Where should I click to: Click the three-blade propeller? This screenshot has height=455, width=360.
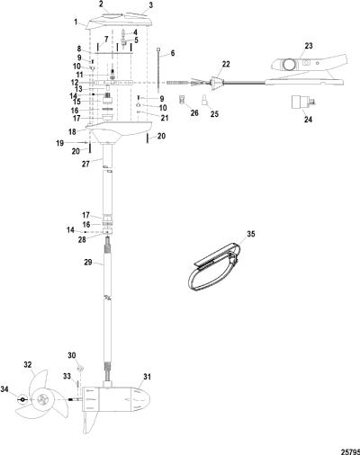click(x=42, y=400)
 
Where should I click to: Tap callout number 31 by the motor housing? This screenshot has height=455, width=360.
click(x=147, y=377)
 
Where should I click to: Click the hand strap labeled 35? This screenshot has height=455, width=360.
click(x=213, y=267)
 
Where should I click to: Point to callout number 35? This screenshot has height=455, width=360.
click(x=250, y=234)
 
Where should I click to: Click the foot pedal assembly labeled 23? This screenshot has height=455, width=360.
click(x=309, y=70)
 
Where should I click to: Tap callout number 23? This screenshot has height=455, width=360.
click(x=309, y=46)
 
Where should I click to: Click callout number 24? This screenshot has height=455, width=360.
click(x=308, y=120)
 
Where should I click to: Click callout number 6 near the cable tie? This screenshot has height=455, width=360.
click(x=173, y=53)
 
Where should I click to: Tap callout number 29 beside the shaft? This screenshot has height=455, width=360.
click(x=88, y=262)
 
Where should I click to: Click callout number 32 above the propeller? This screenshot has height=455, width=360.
click(x=28, y=365)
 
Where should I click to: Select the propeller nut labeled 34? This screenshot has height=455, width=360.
click(x=22, y=399)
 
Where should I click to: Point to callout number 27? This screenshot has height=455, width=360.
click(x=85, y=164)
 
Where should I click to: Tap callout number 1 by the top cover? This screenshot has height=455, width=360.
click(x=76, y=22)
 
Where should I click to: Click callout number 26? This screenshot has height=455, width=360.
click(x=194, y=112)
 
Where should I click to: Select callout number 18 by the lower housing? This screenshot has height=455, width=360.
click(x=72, y=131)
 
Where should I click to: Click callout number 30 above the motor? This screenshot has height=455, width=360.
click(x=72, y=355)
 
